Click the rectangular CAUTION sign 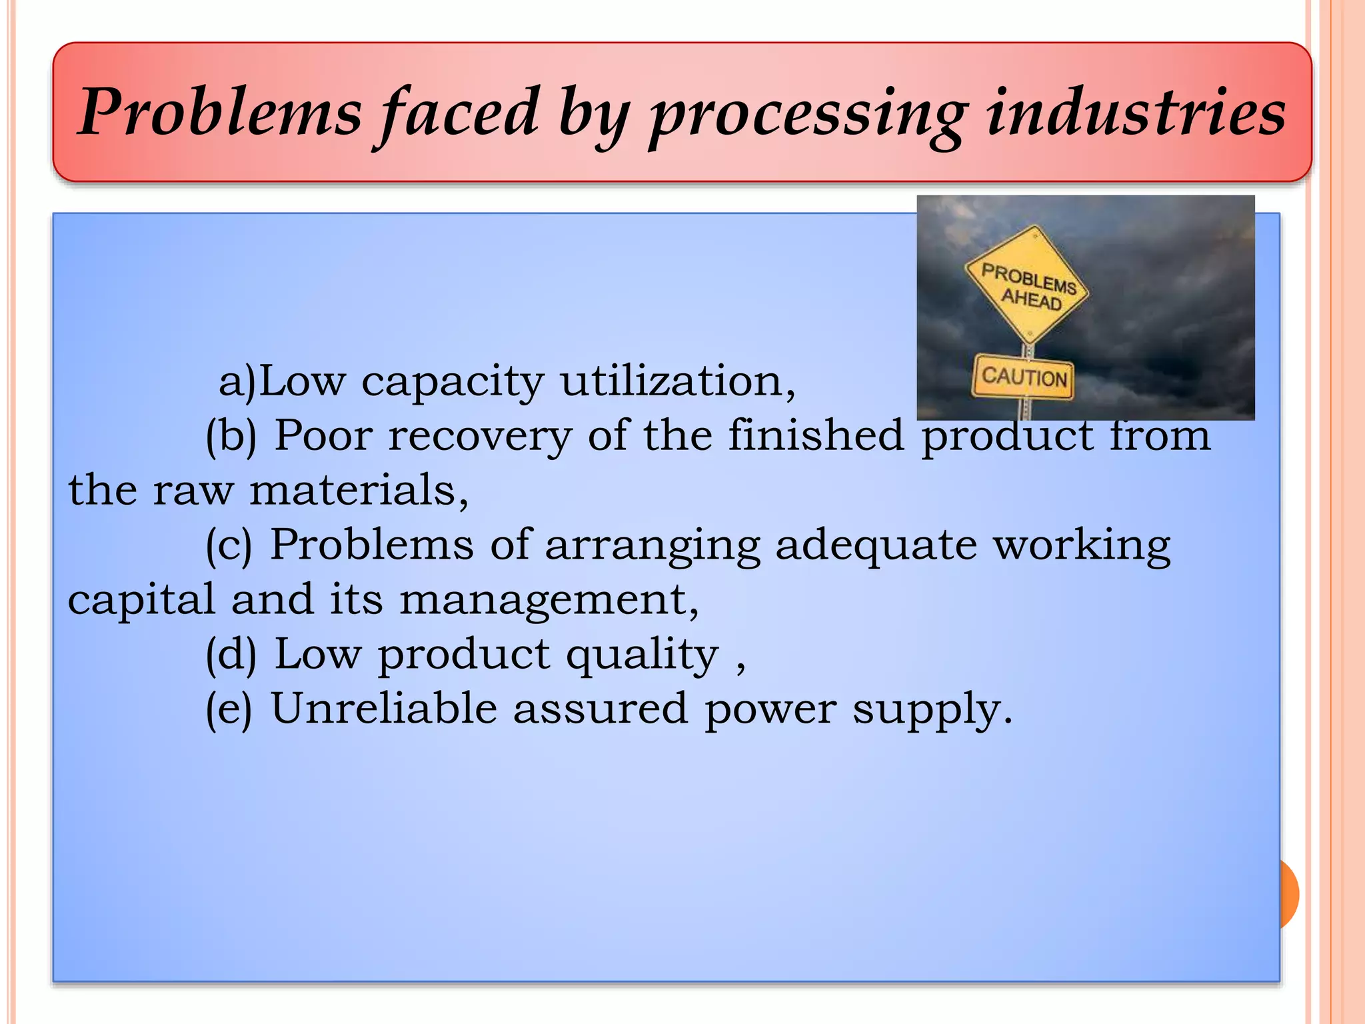coord(1024,377)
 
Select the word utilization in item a coord(677,381)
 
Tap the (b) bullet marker coord(231,437)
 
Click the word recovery coord(480,437)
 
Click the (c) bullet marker coord(229,546)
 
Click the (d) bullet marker coord(231,655)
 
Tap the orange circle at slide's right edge coord(1289,894)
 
